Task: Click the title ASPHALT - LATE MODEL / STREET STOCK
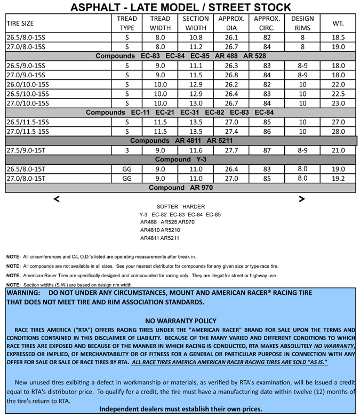tap(180, 7)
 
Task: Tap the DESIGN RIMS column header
tap(302, 23)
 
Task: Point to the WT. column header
tap(338, 23)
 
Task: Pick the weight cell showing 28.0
tap(338, 131)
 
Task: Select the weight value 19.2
tap(338, 179)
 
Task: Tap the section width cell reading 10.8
tap(196, 38)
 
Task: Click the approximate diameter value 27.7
tap(231, 150)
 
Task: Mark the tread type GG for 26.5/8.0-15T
tap(127, 169)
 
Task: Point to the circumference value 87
tap(267, 150)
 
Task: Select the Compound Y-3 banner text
tap(180, 159)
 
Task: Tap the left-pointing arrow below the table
tap(57, 199)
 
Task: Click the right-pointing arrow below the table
tap(302, 199)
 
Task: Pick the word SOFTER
tap(167, 206)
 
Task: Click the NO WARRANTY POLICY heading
tap(180, 320)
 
